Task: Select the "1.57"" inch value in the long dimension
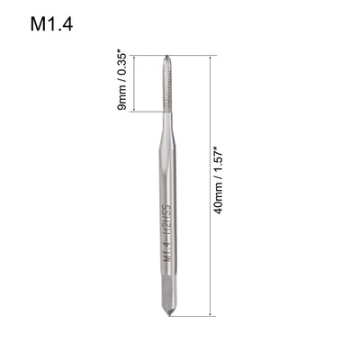(225, 162)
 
